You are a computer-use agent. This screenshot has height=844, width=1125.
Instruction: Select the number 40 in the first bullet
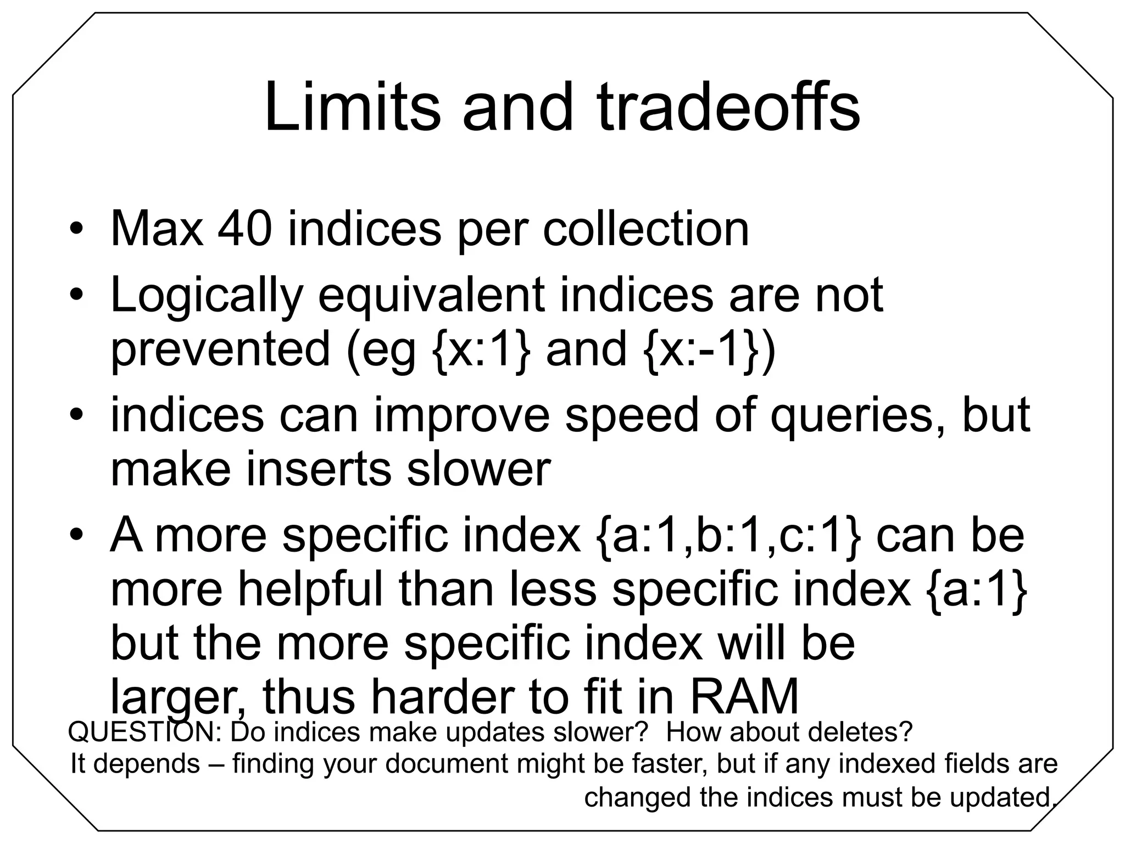point(244,229)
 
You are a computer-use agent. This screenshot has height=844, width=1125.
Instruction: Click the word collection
point(646,229)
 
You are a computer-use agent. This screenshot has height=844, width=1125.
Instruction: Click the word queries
point(859,416)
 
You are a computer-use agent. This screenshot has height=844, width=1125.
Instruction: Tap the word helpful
point(310,589)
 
